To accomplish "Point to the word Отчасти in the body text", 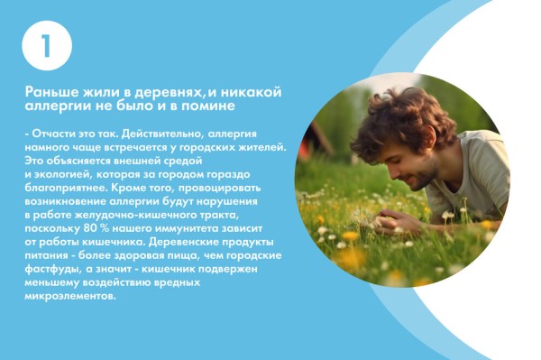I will (53, 133).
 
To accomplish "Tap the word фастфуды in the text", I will (51, 268).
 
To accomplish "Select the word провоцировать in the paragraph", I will (210, 187).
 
